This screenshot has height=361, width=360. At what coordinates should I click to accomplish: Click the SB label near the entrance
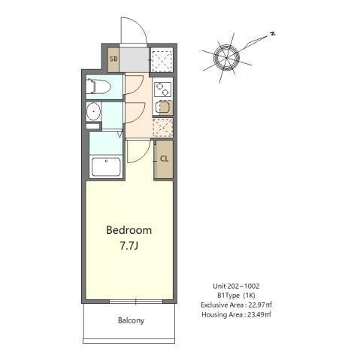[x=113, y=59]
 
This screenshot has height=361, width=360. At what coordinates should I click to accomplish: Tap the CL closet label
[x=163, y=158]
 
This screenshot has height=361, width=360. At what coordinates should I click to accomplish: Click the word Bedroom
[x=129, y=229]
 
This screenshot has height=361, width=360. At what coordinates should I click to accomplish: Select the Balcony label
[x=130, y=321]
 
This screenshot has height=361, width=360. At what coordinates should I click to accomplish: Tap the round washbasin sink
[x=94, y=114]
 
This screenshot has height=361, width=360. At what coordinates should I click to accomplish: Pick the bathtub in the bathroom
[x=105, y=165]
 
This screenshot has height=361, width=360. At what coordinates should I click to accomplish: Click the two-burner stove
[x=163, y=89]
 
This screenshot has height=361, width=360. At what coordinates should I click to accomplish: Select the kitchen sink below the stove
[x=163, y=107]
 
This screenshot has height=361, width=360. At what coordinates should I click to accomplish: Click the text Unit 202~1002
[x=236, y=286]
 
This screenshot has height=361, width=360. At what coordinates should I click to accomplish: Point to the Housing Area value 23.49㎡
[x=258, y=314]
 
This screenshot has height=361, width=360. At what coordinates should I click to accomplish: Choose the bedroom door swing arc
[x=137, y=153]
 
